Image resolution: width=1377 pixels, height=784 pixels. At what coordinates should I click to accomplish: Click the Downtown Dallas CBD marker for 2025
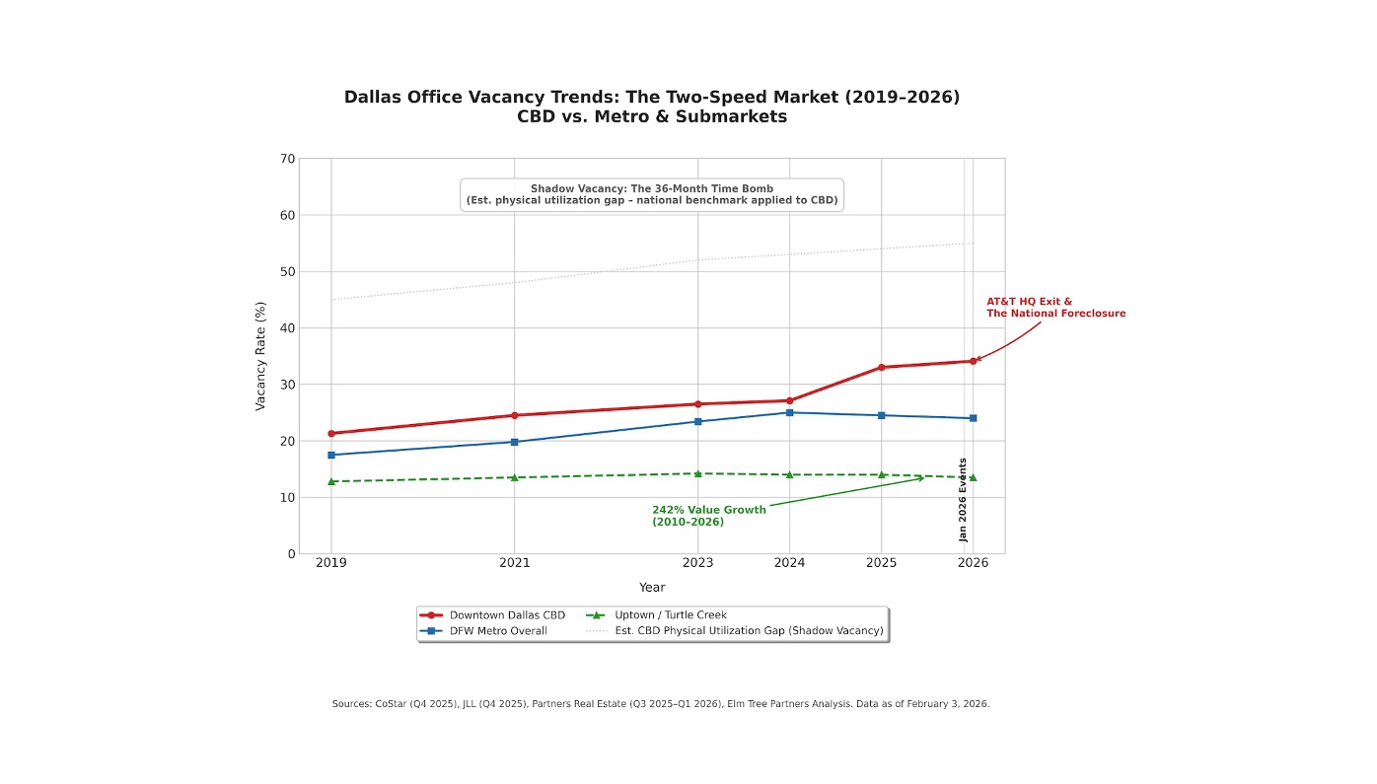[x=881, y=368]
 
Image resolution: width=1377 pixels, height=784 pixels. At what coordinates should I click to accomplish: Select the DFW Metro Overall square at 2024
[x=789, y=412]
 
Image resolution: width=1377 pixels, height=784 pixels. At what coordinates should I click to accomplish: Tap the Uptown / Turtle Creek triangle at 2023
[x=697, y=473]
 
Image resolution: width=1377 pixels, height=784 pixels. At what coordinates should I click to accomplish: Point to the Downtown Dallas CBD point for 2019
[x=331, y=433]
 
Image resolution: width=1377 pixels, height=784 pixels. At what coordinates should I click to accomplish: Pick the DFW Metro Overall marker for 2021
[x=514, y=442]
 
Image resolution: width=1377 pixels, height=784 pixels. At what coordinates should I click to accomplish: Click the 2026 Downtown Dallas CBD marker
[x=973, y=361]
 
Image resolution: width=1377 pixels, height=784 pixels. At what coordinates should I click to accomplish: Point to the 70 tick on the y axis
[x=287, y=159]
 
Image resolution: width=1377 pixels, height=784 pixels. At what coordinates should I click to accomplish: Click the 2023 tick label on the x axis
[x=697, y=563]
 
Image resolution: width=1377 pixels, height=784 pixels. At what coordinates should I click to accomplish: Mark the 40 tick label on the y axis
[x=287, y=328]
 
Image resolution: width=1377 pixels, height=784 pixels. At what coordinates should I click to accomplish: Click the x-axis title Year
[x=651, y=588]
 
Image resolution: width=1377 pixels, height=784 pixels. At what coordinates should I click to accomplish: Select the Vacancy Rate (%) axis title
[x=260, y=356]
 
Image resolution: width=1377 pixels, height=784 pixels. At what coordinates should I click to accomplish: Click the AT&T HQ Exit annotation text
[x=1055, y=308]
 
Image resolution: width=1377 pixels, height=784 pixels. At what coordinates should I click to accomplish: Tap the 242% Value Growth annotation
[x=708, y=516]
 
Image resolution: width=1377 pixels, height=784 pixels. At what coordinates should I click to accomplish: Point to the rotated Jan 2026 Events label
[x=964, y=499]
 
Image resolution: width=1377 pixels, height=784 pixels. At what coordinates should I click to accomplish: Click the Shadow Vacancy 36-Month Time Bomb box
[x=651, y=194]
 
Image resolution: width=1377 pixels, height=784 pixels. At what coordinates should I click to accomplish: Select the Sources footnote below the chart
[x=660, y=704]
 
